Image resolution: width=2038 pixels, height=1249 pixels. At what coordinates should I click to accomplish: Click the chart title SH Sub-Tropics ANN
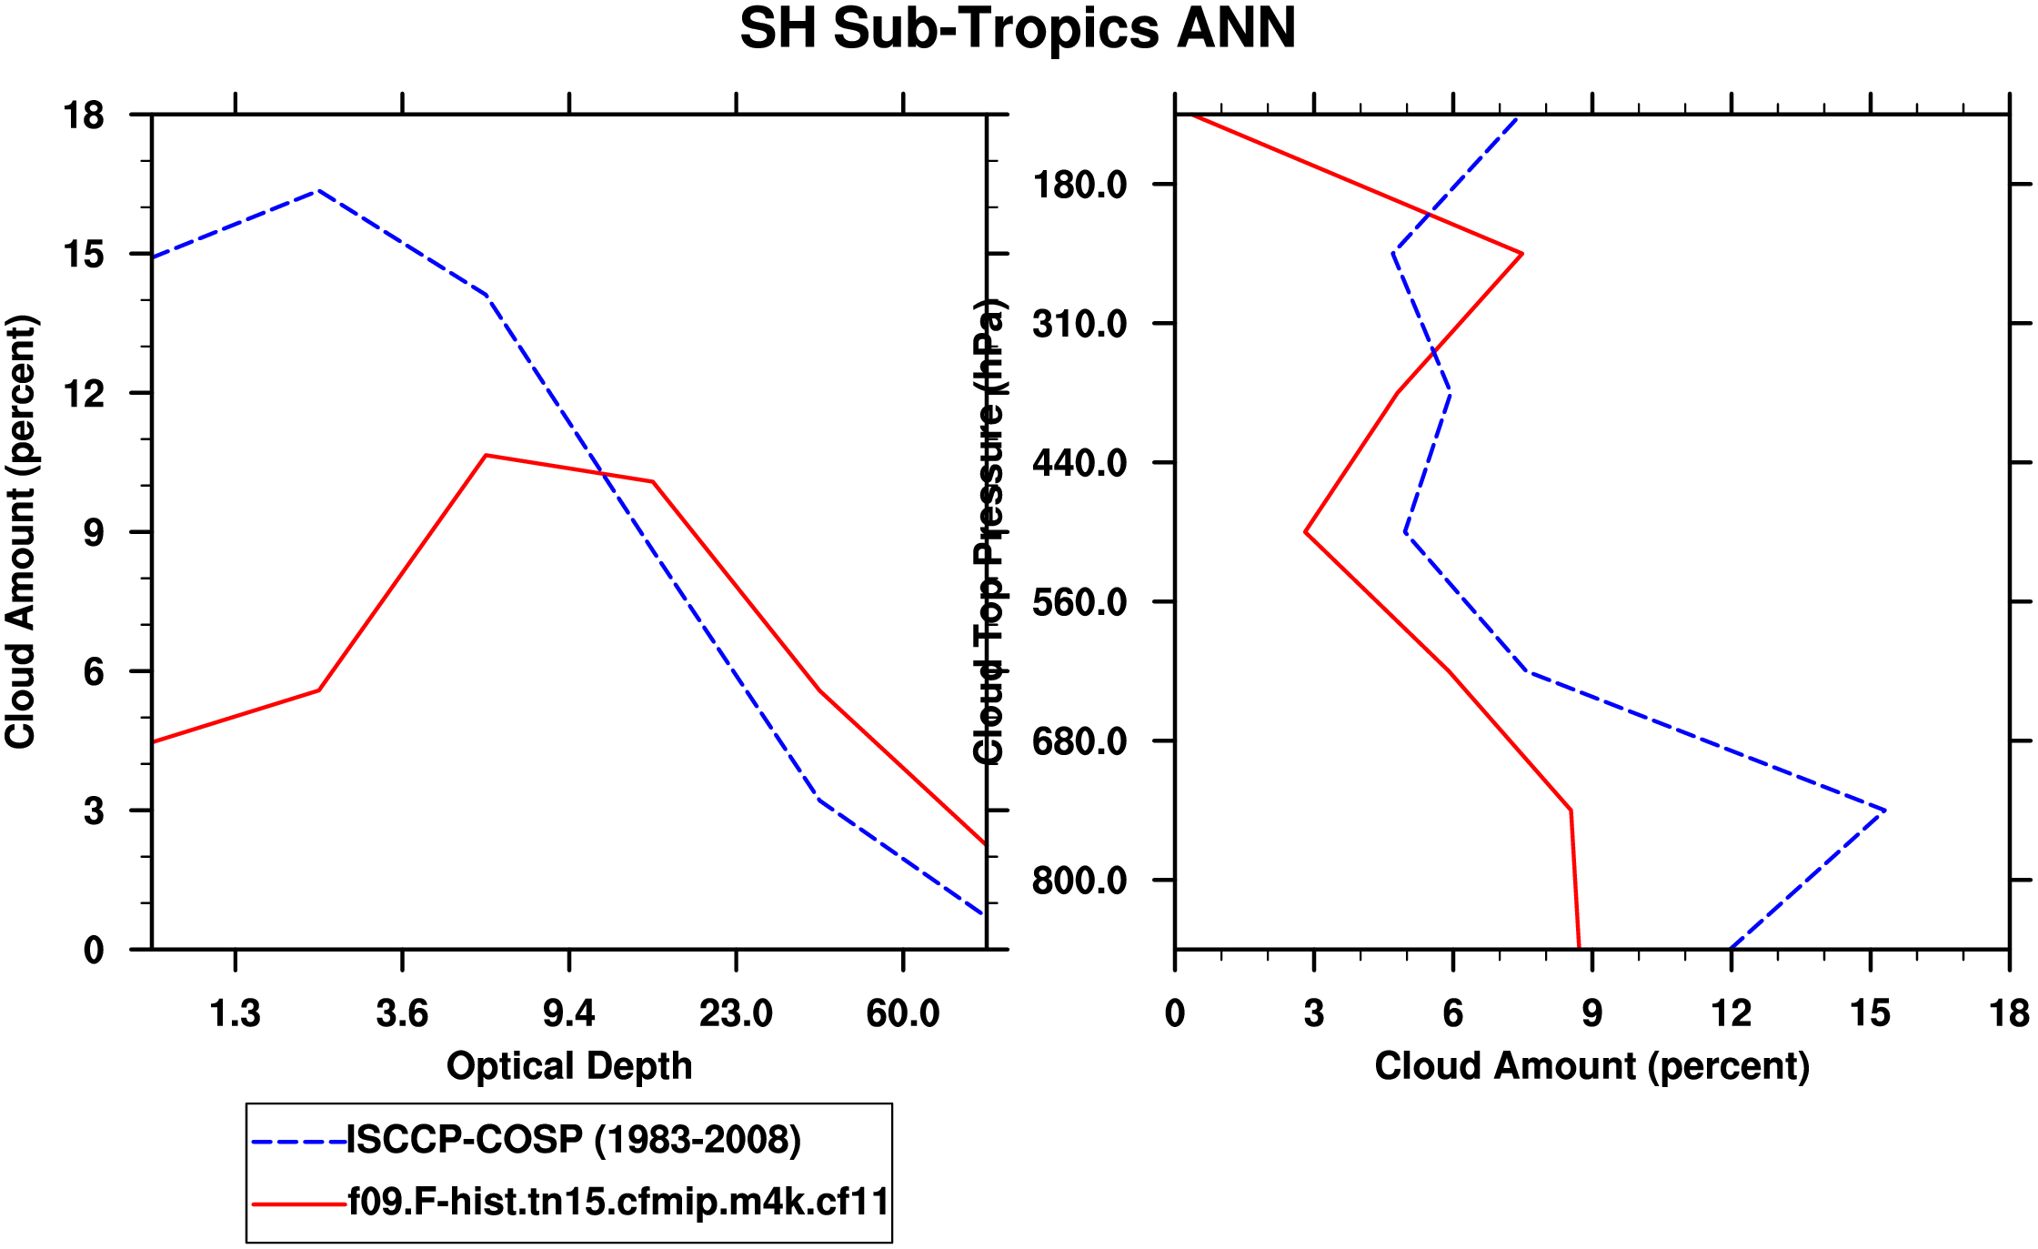tap(1018, 29)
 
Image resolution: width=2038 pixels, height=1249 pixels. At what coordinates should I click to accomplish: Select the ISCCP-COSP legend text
tap(574, 1140)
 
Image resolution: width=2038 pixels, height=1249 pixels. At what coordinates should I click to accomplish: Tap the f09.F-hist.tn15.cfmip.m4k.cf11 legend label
tap(618, 1202)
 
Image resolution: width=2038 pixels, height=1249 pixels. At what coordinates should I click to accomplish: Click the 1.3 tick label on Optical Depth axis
tap(236, 1013)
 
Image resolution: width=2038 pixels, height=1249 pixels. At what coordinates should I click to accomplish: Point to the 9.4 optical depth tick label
tap(569, 1013)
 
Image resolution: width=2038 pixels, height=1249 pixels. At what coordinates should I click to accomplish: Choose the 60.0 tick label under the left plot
tap(902, 1013)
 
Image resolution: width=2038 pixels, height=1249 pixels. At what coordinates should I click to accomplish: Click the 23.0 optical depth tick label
tap(736, 1013)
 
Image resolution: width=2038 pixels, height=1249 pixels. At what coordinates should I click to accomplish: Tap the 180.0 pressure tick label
tap(1079, 185)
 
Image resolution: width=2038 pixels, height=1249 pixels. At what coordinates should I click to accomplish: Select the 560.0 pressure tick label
tap(1079, 602)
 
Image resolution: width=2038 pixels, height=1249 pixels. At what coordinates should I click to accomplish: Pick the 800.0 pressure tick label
tap(1079, 881)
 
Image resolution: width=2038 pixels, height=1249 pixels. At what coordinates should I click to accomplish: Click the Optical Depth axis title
tap(569, 1066)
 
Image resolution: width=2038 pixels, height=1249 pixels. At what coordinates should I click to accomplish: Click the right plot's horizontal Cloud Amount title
tap(1591, 1066)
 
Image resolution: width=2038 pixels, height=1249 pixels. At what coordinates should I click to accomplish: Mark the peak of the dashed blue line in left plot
tap(317, 191)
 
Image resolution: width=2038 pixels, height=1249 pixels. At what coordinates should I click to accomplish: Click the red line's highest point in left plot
tap(487, 455)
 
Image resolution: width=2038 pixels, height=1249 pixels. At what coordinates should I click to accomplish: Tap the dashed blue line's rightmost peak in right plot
tap(1885, 810)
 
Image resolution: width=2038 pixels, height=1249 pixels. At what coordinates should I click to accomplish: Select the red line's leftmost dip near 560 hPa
tap(1306, 532)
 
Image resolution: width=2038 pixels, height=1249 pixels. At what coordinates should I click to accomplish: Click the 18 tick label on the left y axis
tap(84, 116)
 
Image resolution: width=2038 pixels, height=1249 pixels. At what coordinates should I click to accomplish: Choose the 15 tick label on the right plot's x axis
tap(1870, 1013)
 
